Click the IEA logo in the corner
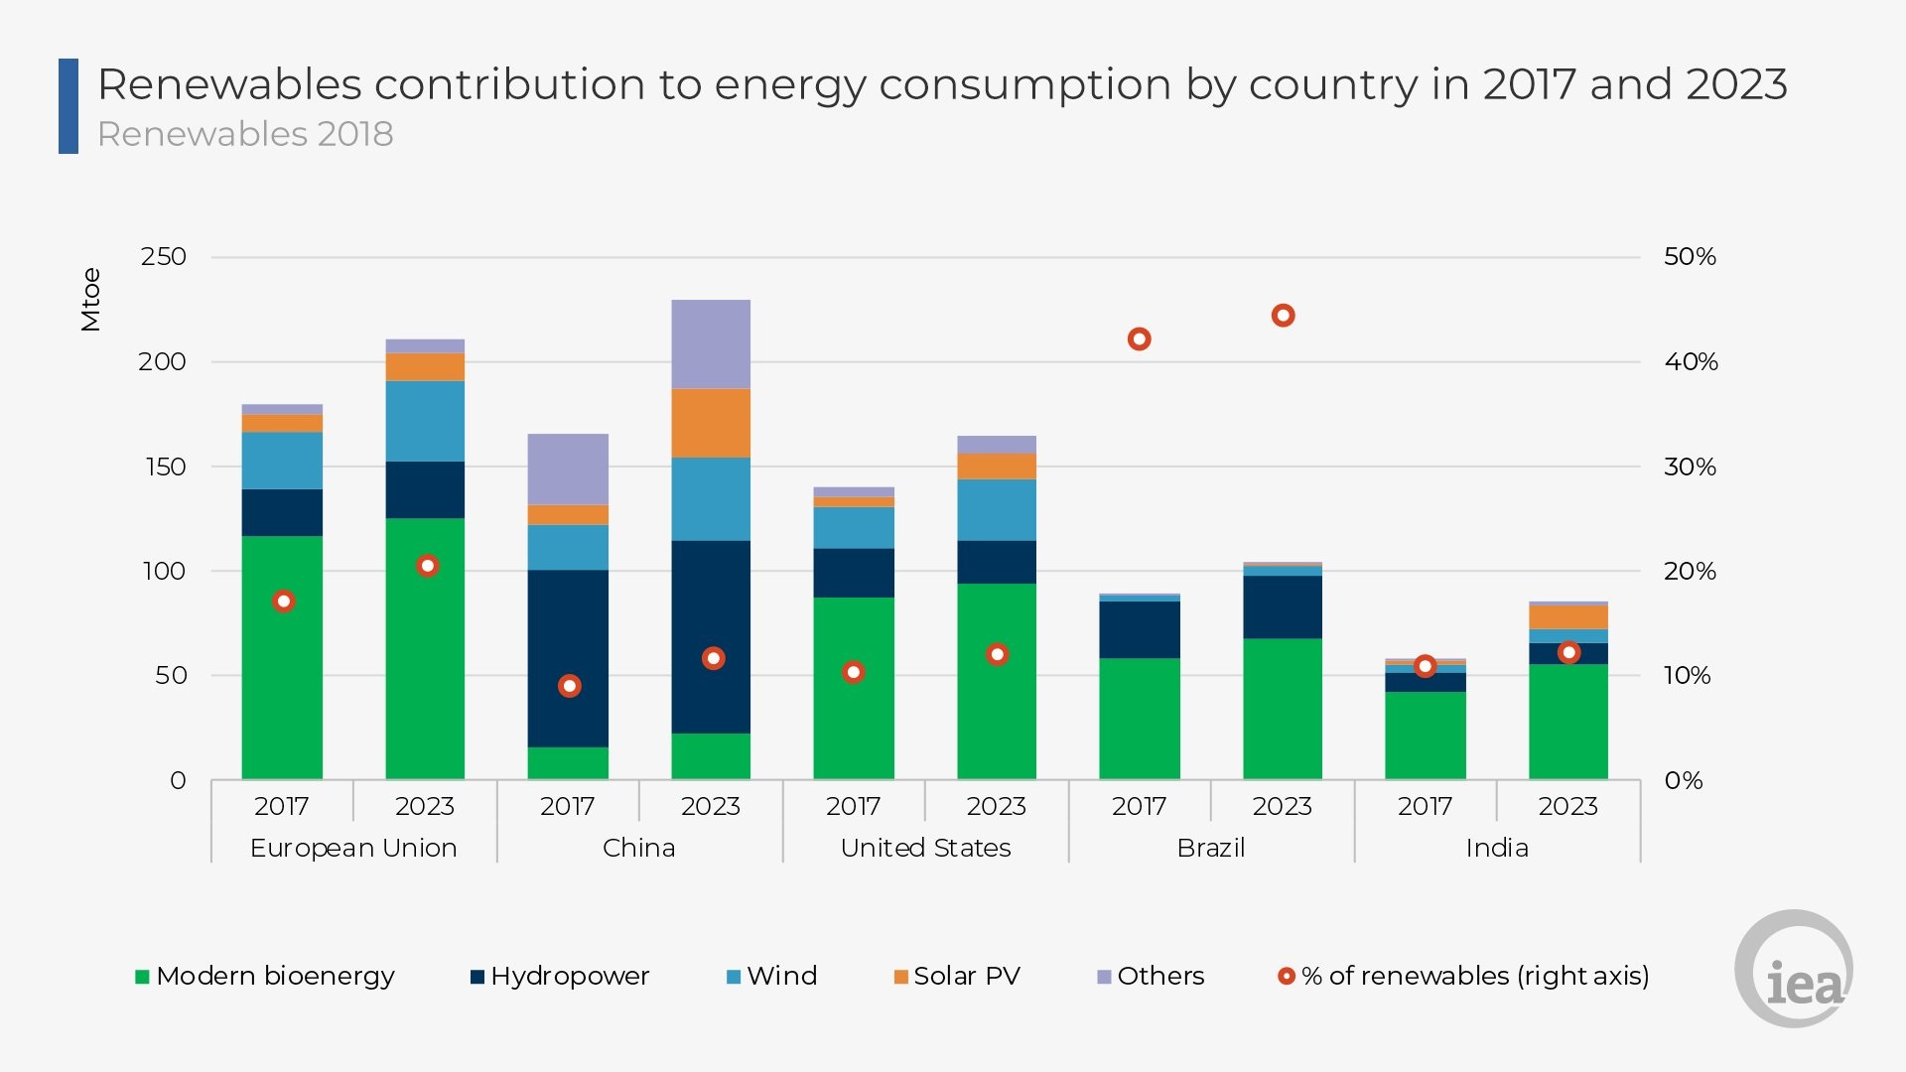click(x=1795, y=970)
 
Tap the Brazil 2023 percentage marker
click(x=1283, y=316)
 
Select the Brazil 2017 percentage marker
click(x=1139, y=339)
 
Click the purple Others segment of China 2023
click(x=711, y=343)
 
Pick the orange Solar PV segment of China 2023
click(x=711, y=423)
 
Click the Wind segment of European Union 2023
click(x=425, y=421)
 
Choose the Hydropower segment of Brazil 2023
click(x=1283, y=606)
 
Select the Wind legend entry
click(x=772, y=977)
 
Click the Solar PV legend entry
click(x=958, y=977)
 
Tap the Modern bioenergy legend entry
click(x=265, y=977)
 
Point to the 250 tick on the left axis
click(x=164, y=257)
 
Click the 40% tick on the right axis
click(x=1691, y=362)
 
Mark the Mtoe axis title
click(x=91, y=299)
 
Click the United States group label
click(x=925, y=849)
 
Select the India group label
click(x=1497, y=849)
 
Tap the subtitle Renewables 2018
click(x=245, y=134)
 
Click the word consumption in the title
click(x=1025, y=85)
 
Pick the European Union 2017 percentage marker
click(x=283, y=602)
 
